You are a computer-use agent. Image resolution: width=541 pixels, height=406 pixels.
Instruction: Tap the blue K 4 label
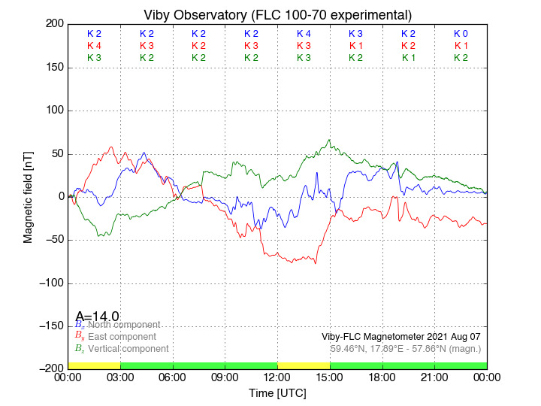(304, 34)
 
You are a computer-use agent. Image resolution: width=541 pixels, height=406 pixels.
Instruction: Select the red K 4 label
(94, 46)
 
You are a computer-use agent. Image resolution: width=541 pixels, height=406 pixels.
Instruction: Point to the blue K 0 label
(461, 34)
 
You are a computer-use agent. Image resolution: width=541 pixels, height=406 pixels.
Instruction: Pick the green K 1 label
(408, 58)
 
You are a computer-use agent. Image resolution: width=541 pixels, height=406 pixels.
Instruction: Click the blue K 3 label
(355, 34)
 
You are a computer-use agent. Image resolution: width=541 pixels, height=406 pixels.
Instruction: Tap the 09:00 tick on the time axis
(225, 377)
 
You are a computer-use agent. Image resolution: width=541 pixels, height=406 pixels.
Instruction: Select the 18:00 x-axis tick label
(382, 377)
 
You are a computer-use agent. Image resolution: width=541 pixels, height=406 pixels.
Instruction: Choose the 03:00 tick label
(120, 377)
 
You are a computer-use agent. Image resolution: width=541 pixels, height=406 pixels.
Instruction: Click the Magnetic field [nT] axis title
(28, 196)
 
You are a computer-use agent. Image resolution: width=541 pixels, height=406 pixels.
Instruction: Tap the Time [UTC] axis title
(277, 392)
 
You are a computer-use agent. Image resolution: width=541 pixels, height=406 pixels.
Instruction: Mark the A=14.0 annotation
(97, 317)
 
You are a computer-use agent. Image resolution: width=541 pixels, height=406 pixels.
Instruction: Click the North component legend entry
(121, 325)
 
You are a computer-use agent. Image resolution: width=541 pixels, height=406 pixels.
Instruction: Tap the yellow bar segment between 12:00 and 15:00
(304, 365)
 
